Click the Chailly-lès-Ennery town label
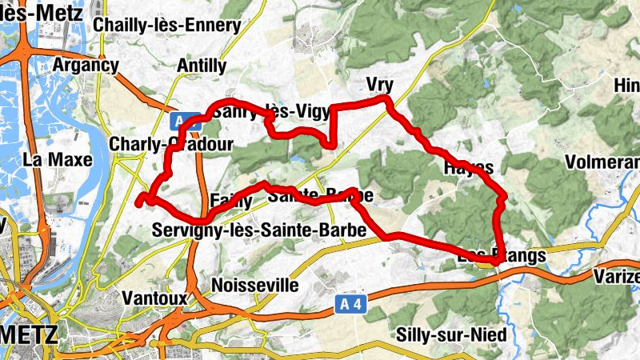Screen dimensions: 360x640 click(166, 25)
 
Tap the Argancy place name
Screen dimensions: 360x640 click(85, 65)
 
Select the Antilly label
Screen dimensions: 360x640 click(200, 66)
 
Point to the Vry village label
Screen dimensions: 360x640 click(380, 84)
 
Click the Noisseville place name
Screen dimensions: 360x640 click(255, 285)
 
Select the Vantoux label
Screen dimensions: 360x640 click(154, 298)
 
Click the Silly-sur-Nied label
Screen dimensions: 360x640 click(451, 334)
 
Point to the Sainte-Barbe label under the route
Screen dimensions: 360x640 click(320, 194)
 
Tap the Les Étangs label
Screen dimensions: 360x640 click(502, 256)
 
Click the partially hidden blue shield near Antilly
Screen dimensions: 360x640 click(185, 121)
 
